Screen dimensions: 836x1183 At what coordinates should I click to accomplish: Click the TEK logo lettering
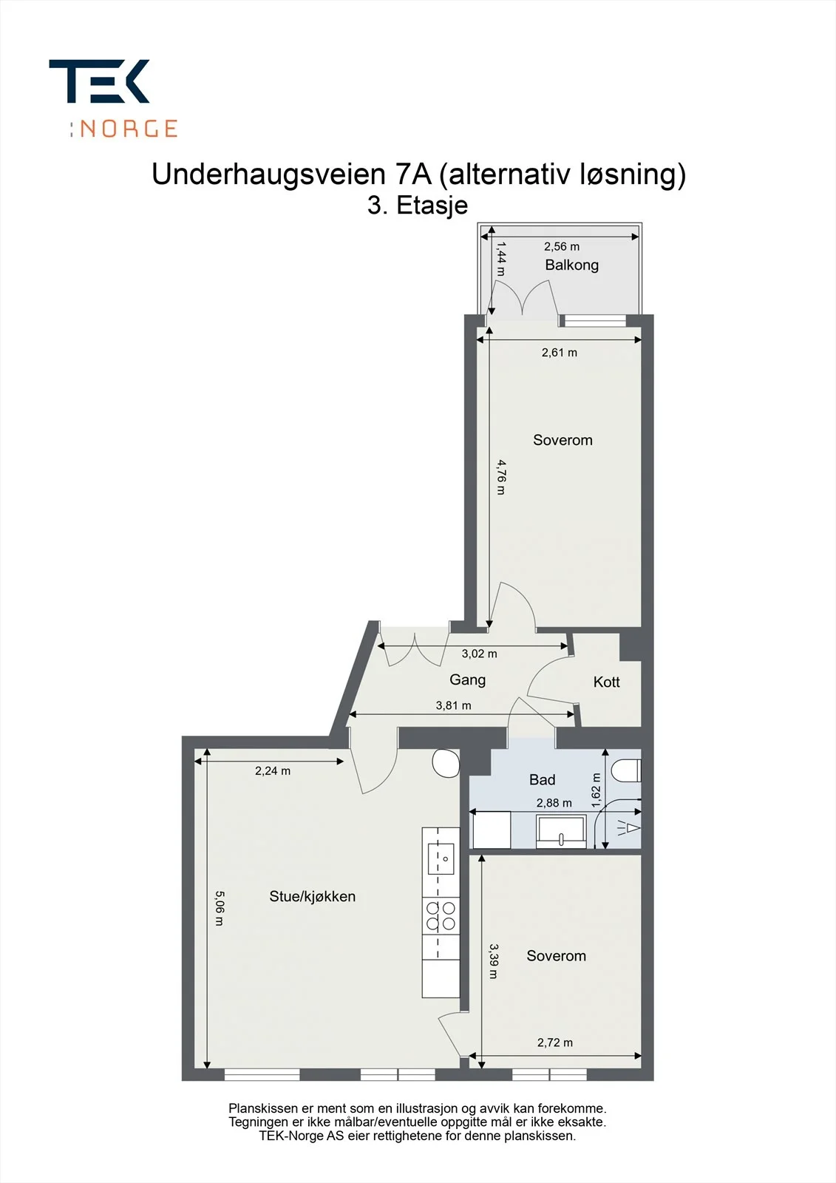pos(99,81)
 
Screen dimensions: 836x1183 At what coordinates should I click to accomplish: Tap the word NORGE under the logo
pos(129,129)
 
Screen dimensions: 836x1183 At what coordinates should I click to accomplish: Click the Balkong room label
pos(571,265)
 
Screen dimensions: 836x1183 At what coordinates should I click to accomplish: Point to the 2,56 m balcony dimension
pos(561,246)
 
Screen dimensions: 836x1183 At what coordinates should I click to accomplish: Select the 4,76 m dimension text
pos(501,477)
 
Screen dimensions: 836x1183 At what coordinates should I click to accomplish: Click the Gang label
pos(467,679)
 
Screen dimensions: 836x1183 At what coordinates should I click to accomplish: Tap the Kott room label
pos(606,682)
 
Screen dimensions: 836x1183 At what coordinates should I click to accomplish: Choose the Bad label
pos(542,779)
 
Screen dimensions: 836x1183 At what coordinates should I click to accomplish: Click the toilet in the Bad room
pos(626,770)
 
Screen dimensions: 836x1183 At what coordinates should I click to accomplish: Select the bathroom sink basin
pos(561,831)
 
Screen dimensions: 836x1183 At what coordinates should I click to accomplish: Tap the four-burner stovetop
pos(441,916)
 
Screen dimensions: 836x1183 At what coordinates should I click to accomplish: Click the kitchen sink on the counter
pos(441,858)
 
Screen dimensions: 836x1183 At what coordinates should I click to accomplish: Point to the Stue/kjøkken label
pos(312,896)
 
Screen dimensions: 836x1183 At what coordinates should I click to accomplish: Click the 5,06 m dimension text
pos(220,909)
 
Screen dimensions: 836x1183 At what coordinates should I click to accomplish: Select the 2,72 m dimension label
pos(554,1043)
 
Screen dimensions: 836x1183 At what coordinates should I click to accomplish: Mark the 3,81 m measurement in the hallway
pos(453,705)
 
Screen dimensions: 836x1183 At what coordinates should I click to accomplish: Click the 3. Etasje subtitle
pos(417,206)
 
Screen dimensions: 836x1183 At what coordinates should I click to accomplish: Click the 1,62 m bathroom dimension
pos(597,790)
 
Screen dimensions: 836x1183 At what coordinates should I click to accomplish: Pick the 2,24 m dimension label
pos(273,770)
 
